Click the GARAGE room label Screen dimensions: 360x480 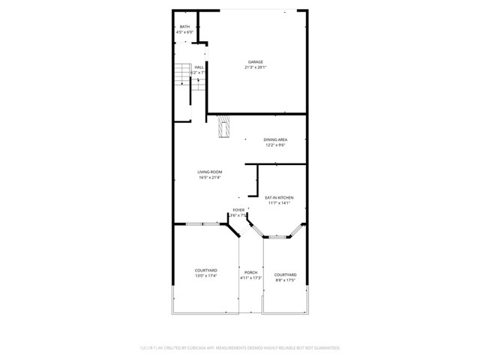tap(256, 61)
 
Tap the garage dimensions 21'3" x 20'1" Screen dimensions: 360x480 tap(256, 67)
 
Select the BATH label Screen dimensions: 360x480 tap(184, 27)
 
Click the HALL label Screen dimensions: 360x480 tap(199, 67)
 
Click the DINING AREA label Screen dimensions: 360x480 tap(275, 139)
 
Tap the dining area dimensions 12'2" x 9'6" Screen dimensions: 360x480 tap(275, 145)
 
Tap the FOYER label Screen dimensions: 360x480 tap(238, 210)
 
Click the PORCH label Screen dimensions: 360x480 tap(250, 271)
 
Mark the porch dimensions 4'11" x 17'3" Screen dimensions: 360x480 tap(250, 278)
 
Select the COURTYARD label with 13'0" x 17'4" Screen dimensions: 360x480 tap(206, 270)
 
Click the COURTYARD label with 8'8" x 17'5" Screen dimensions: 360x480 tap(285, 274)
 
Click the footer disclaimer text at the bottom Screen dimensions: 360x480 tap(240, 348)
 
